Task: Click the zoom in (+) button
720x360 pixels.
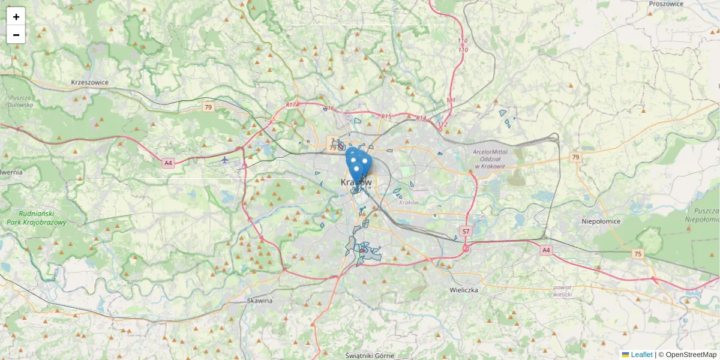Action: pos(16,17)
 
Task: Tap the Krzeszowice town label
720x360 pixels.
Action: pos(89,82)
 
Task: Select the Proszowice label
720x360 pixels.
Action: pos(666,4)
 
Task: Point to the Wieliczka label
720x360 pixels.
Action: pos(464,290)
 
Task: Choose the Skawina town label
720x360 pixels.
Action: pos(260,300)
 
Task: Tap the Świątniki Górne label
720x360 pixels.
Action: pos(370,356)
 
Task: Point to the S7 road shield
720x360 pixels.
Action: pos(466,231)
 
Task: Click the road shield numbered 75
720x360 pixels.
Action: pos(637,254)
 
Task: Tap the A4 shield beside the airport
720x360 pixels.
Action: pos(168,163)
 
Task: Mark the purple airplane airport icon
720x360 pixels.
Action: pos(224,160)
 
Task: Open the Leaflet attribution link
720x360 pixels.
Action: pos(641,355)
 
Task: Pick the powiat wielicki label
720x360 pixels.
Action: pos(563,291)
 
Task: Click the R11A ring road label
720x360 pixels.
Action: pos(292,105)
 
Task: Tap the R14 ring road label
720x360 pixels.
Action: pos(421,118)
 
